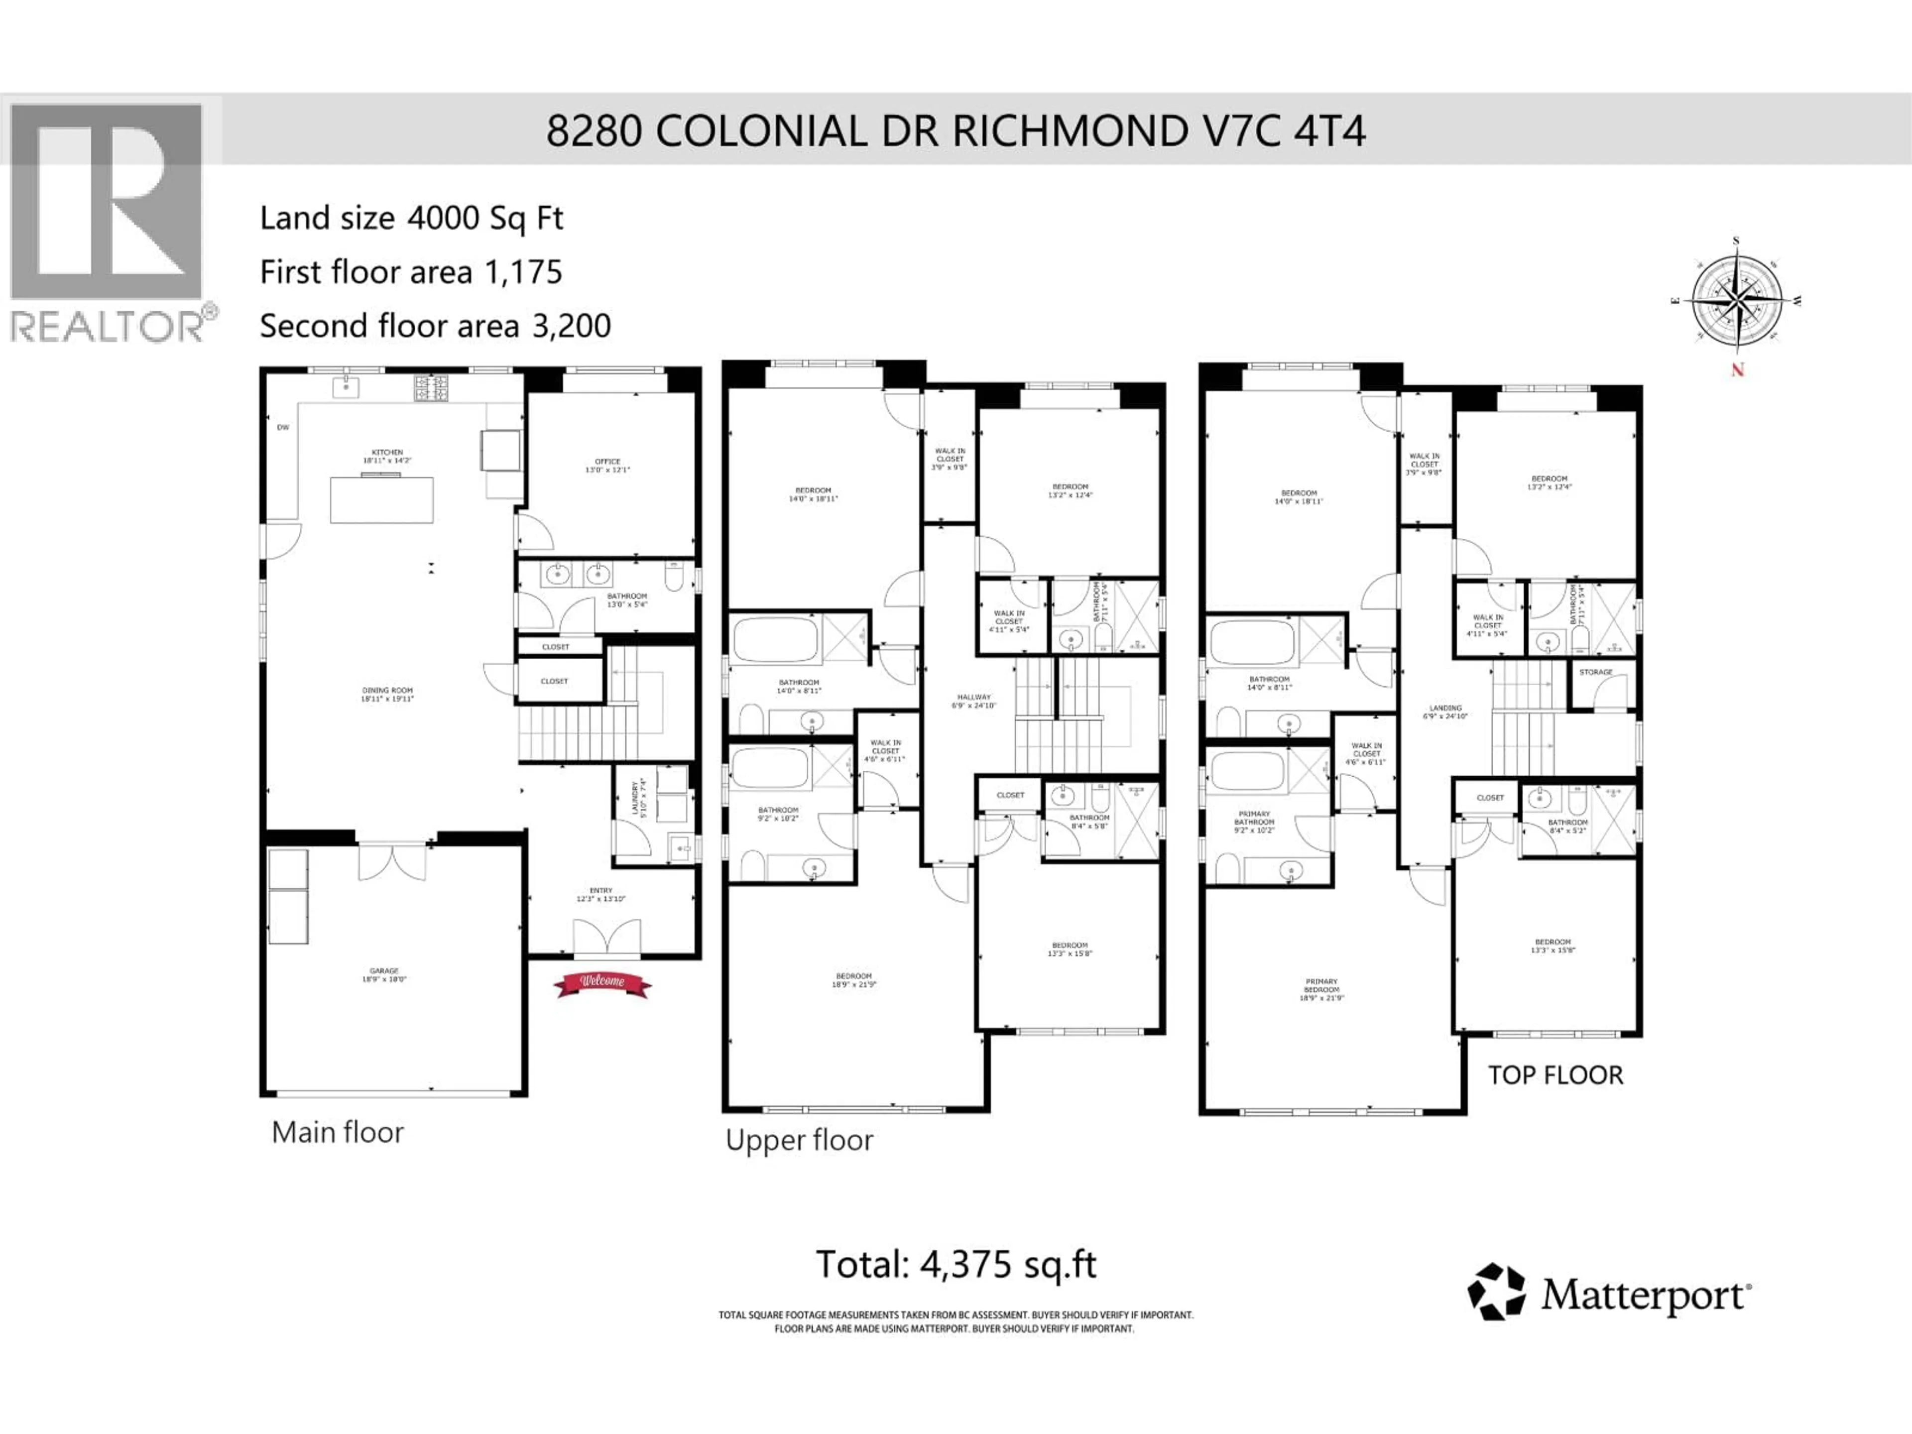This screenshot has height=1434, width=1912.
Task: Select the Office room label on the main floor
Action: point(607,465)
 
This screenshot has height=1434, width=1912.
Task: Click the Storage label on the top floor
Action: point(1596,672)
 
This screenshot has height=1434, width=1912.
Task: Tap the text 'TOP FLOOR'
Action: point(1555,1075)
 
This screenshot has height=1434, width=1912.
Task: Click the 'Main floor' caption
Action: point(337,1132)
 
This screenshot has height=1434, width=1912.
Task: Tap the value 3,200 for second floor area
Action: point(571,326)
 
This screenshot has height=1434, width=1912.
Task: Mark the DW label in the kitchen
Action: point(283,427)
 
